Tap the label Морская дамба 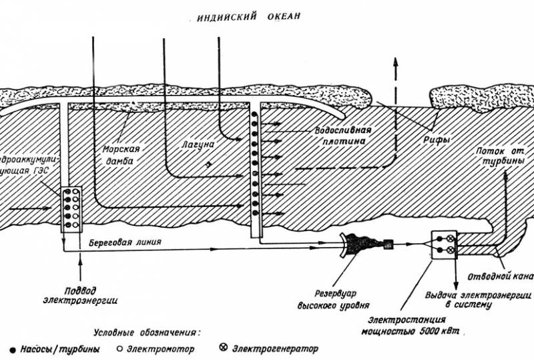(x=121, y=154)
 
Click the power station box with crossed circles (x=443, y=244)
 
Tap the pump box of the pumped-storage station (x=71, y=209)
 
